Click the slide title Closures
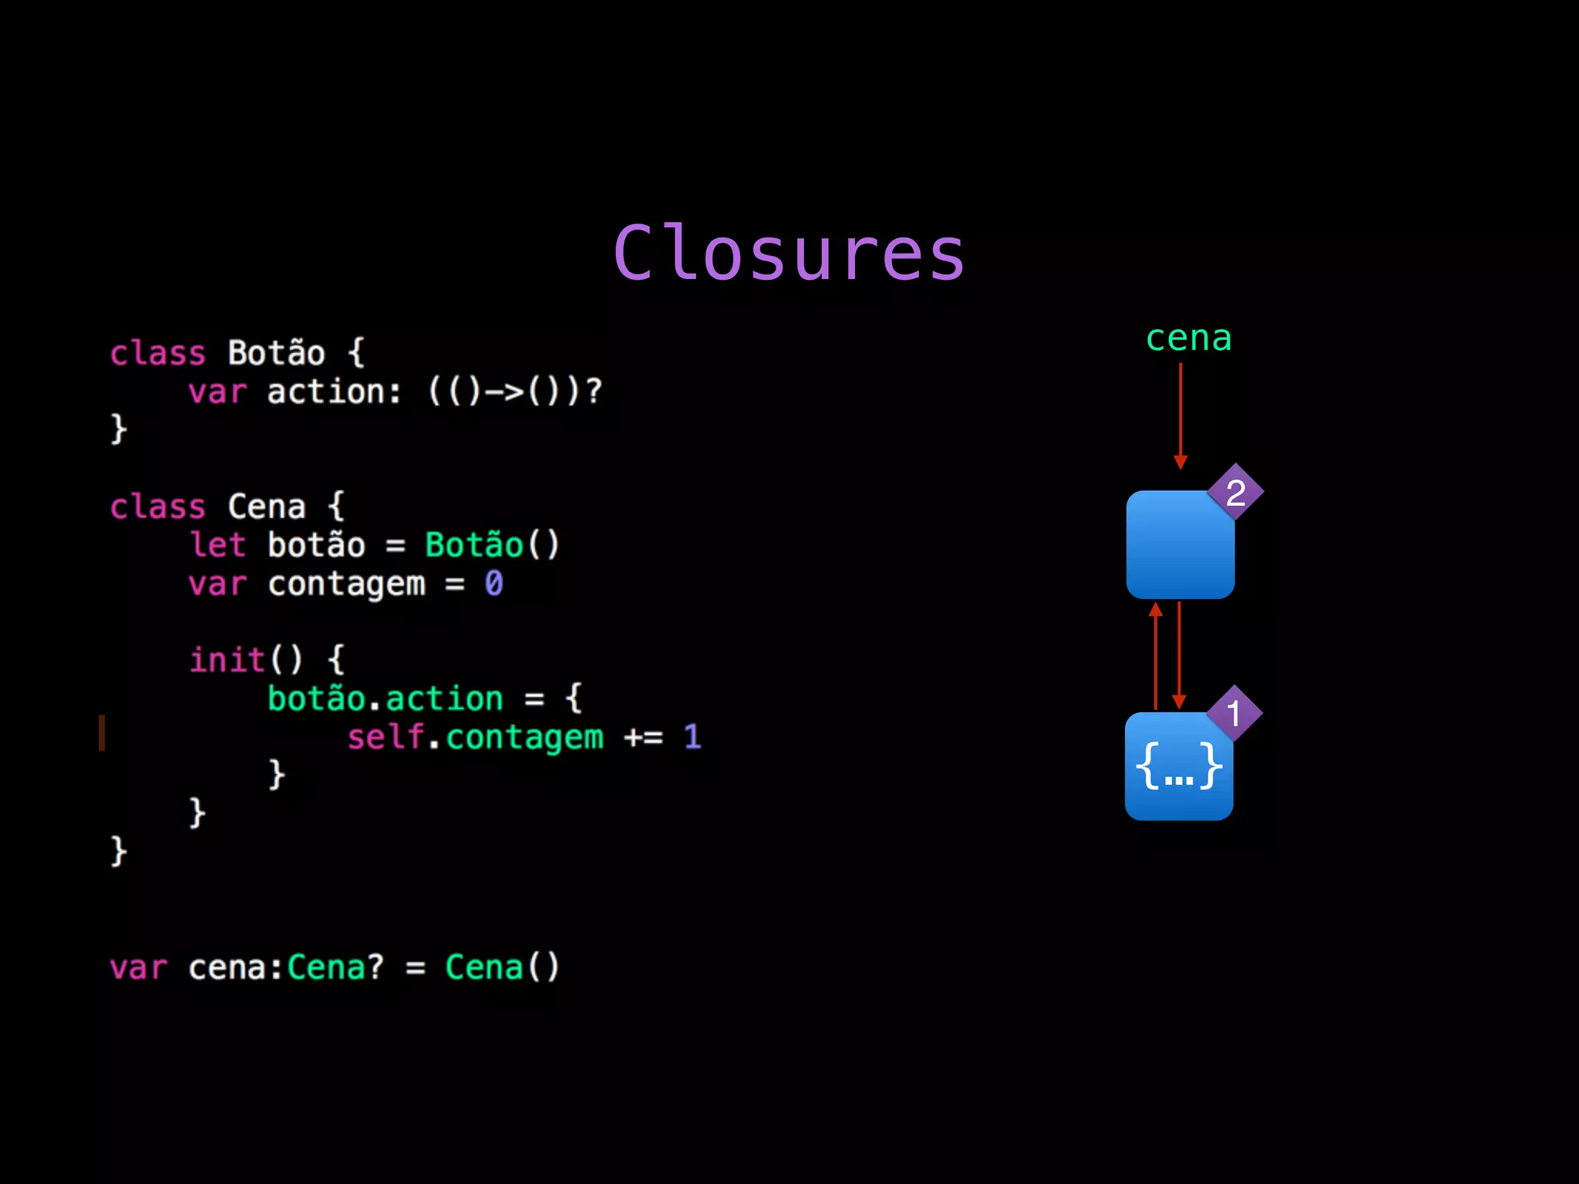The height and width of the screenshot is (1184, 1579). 789,254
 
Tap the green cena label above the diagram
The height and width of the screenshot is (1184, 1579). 1188,338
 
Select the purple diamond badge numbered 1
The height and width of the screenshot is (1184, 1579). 1234,713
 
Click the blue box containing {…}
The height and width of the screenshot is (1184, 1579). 1178,768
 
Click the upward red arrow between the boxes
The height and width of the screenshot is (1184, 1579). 1155,655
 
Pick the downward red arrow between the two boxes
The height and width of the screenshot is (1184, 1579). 1179,655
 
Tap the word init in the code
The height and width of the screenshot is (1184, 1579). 227,660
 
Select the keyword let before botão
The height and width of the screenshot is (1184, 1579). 218,545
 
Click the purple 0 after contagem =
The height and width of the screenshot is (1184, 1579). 493,584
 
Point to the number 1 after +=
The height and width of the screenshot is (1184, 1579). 692,737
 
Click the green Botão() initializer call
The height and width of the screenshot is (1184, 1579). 492,545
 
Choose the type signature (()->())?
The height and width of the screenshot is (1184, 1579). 514,392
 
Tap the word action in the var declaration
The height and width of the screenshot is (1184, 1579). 325,392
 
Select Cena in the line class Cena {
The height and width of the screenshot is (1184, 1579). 267,507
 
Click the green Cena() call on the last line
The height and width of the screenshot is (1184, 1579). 502,967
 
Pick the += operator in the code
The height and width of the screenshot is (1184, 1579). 643,738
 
